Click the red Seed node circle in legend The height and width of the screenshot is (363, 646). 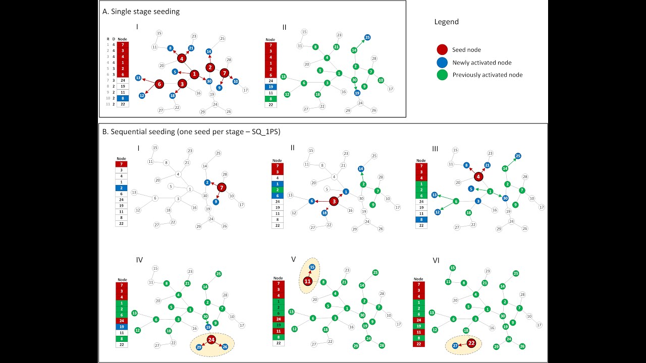442,50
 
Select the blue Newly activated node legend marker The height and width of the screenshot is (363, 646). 442,63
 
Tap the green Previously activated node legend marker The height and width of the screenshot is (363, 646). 442,75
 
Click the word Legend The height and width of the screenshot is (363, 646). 447,22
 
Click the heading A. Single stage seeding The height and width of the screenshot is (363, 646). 141,11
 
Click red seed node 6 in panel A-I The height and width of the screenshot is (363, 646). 159,84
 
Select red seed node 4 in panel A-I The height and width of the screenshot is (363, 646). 182,58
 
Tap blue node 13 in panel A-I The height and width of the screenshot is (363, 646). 138,78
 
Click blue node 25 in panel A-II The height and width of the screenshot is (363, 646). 367,37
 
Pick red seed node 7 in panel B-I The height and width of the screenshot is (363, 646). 222,188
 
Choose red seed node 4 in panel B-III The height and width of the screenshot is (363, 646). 478,176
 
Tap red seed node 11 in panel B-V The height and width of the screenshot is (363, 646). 308,281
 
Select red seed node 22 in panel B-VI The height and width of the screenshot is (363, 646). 471,343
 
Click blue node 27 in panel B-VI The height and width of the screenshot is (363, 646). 455,346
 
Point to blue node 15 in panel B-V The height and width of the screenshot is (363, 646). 312,267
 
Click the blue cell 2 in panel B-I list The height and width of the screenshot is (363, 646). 122,188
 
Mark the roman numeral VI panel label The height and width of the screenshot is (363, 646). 436,261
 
